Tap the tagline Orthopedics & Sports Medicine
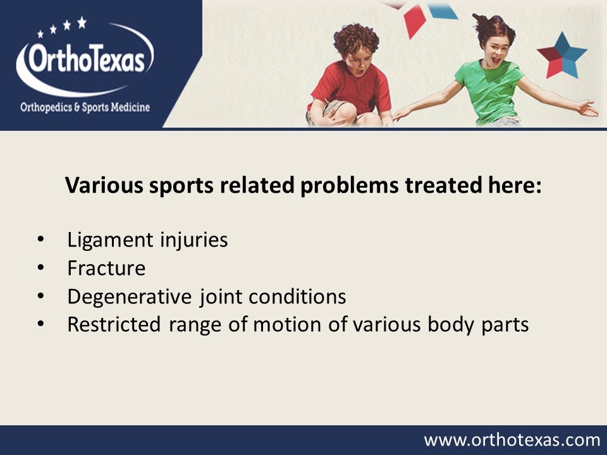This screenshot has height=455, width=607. (85, 107)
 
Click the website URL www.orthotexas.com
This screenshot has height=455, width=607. (512, 440)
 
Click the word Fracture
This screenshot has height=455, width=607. (106, 269)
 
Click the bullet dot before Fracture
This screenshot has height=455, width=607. (42, 269)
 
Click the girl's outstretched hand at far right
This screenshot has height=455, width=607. (587, 109)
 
